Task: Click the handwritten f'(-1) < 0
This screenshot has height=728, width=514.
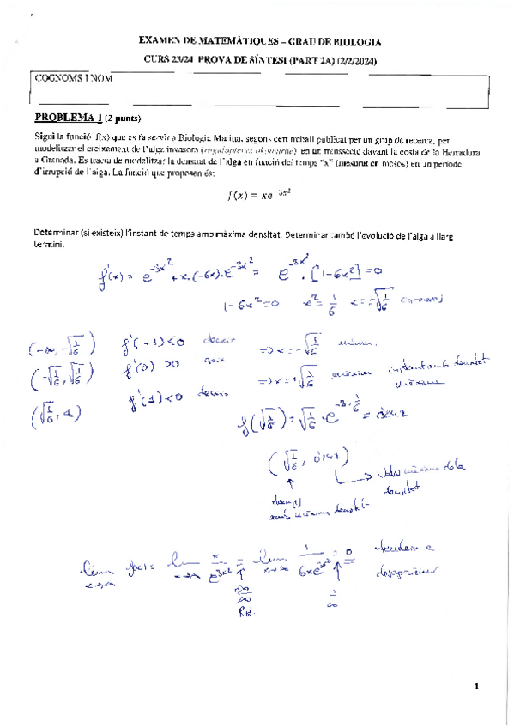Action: coord(152,347)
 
